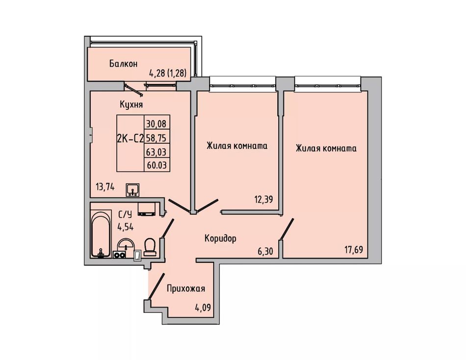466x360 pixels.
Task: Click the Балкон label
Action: coord(123,64)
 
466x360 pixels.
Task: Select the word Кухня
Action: coord(131,104)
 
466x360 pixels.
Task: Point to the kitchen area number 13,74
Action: coord(105,187)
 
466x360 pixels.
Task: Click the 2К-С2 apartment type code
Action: coord(130,138)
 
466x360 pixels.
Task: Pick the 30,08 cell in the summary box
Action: coord(156,124)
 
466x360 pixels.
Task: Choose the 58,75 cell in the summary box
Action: coord(156,138)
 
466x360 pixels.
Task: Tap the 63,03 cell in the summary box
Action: coord(156,152)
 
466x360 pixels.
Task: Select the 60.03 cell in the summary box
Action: coord(156,165)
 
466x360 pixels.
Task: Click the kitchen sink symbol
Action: coord(132,190)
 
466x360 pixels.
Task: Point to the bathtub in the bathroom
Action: coord(101,234)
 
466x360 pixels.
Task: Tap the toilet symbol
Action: coord(150,247)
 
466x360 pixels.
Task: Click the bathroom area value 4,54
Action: coord(126,228)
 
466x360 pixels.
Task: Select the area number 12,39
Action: coord(263,199)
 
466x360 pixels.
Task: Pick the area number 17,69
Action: coord(354,250)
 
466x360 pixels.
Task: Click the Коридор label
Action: coord(221,238)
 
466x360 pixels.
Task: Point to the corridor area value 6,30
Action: coord(265,252)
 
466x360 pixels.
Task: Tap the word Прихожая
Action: coord(186,288)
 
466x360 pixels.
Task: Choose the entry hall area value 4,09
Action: coord(203,307)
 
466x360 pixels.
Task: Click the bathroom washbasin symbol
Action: coord(126,245)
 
